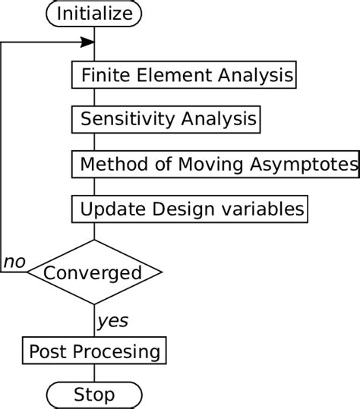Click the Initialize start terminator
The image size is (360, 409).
(x=94, y=13)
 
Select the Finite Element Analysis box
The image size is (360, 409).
(x=183, y=76)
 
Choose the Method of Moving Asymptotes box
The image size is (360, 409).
(x=215, y=164)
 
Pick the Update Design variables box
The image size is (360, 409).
(x=190, y=207)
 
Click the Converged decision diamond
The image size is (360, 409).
(x=94, y=272)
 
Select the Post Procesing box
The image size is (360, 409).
(x=94, y=351)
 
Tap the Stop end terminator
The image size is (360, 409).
(x=94, y=395)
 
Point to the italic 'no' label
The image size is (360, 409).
(x=14, y=263)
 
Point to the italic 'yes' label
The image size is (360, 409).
(x=113, y=321)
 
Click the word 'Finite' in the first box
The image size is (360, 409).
(x=101, y=76)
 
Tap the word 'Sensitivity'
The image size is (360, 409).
(x=120, y=120)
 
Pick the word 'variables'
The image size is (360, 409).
(x=265, y=207)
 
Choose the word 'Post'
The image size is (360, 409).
(x=45, y=351)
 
